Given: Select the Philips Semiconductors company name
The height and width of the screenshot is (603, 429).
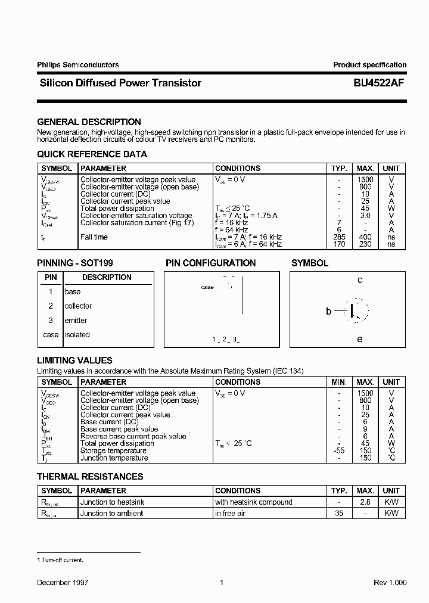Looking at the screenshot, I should (x=78, y=65).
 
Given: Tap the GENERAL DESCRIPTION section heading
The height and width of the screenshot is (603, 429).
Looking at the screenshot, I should (x=89, y=122).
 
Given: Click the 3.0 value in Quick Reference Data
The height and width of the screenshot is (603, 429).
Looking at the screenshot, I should (x=365, y=216).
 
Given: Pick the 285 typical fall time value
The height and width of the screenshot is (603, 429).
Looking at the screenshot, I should (x=339, y=237).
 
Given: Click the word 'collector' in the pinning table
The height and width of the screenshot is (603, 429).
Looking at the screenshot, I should (x=78, y=306).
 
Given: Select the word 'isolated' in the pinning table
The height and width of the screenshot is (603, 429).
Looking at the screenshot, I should (x=77, y=335).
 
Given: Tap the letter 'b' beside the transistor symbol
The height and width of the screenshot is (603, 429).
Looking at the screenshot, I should (x=328, y=311).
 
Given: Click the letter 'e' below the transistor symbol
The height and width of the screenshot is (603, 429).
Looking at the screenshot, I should (x=359, y=339).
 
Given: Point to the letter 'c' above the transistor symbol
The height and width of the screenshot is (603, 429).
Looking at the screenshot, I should (x=360, y=280).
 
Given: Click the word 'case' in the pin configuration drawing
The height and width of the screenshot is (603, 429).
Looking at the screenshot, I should (x=207, y=287).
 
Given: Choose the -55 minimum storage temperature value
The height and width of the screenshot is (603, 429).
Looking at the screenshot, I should (x=338, y=450).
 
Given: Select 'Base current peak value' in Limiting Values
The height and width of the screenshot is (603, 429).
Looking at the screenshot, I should (x=119, y=429).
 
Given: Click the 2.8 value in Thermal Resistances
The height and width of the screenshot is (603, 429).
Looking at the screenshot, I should (x=365, y=502).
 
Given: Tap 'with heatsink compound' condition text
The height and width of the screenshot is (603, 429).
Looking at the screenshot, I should (x=254, y=502).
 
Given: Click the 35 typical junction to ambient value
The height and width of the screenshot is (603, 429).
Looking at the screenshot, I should (x=339, y=513).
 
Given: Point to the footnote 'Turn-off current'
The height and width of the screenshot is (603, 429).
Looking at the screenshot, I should (x=62, y=560).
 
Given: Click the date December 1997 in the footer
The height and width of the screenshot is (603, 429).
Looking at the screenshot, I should (x=63, y=583).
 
